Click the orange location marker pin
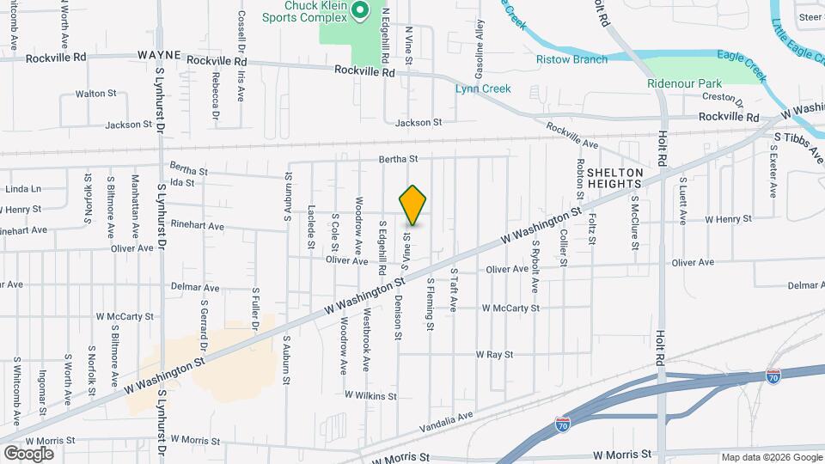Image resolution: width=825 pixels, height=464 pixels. click(x=413, y=204)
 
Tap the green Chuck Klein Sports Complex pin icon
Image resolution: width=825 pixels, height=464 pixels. click(x=360, y=12)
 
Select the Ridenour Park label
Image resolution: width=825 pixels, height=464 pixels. click(x=684, y=84)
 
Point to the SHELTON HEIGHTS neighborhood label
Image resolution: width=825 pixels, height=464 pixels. click(x=614, y=178)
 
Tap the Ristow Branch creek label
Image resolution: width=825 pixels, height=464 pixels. click(x=571, y=59)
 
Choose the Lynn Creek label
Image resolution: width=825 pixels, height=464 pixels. click(x=483, y=89)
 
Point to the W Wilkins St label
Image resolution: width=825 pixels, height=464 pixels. click(x=370, y=396)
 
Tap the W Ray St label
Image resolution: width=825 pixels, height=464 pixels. click(x=494, y=354)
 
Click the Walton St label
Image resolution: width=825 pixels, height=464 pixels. click(x=95, y=93)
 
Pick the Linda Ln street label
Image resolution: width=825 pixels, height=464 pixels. click(x=23, y=189)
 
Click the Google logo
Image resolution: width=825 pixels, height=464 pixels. click(x=28, y=453)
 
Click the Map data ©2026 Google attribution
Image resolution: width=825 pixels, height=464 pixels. click(x=771, y=457)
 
